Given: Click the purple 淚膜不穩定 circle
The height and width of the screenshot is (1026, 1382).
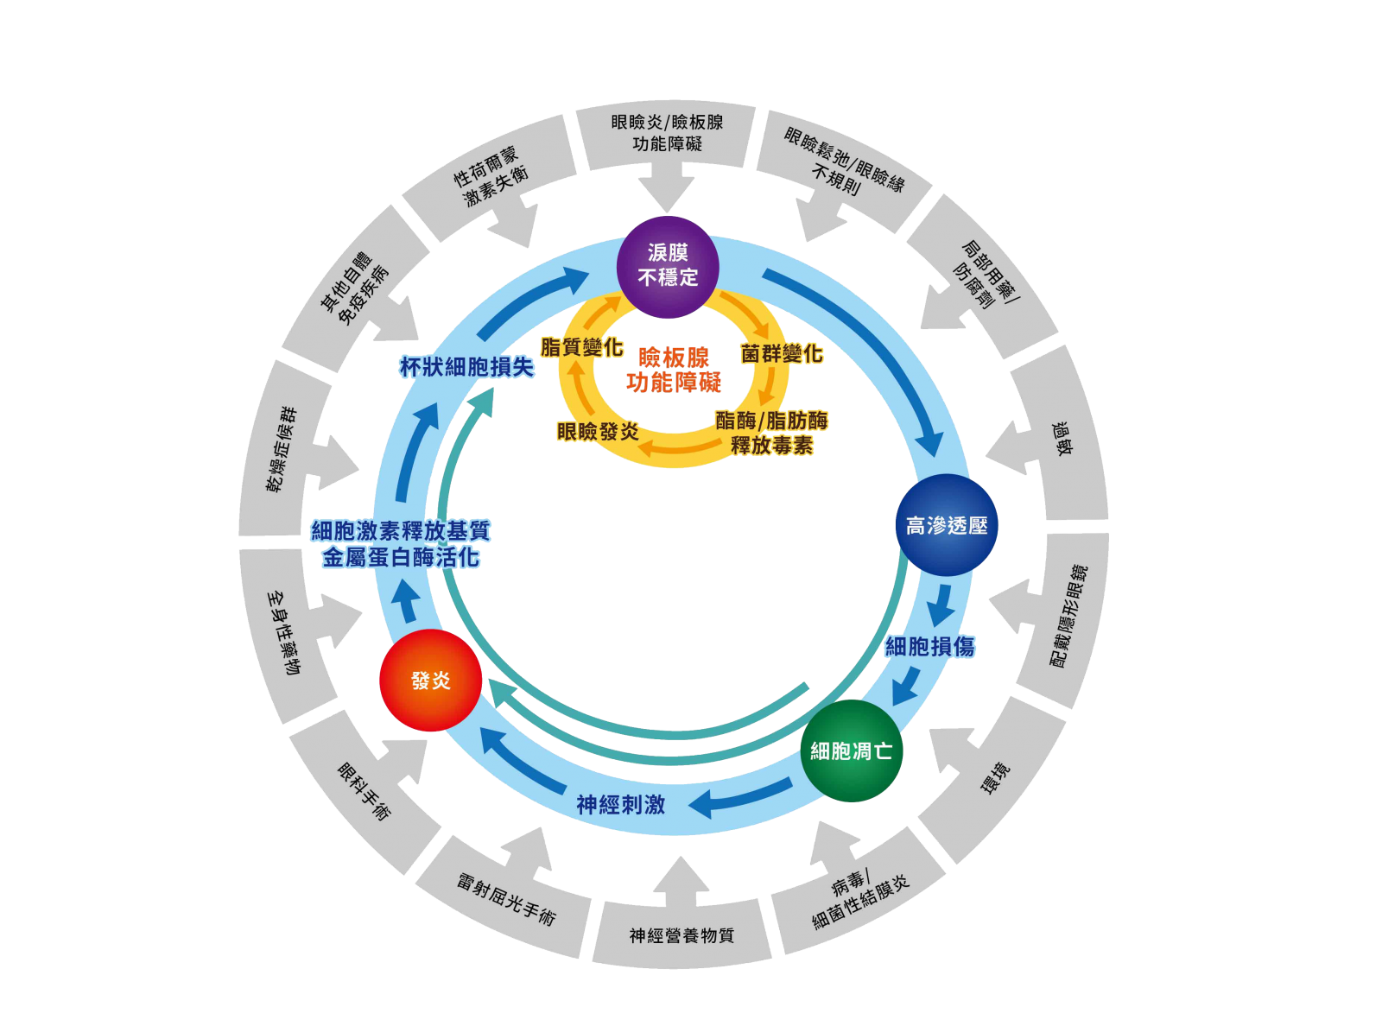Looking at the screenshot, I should click(x=668, y=266).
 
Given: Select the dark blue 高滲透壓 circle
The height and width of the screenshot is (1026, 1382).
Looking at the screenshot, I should click(x=947, y=525).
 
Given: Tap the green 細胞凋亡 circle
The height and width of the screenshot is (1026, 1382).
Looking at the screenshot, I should click(x=851, y=750).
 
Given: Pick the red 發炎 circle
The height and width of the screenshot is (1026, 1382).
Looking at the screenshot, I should click(x=430, y=681).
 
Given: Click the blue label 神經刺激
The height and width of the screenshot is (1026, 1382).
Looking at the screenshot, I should click(x=620, y=805).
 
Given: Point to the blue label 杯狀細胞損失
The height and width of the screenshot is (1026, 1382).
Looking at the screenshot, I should click(x=466, y=367).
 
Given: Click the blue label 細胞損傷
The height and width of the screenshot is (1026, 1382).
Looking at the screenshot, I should click(x=930, y=646).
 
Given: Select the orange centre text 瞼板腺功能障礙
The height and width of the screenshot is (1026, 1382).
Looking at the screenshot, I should click(x=674, y=370).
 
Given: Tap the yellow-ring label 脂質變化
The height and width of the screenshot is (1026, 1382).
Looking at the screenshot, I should click(x=581, y=347).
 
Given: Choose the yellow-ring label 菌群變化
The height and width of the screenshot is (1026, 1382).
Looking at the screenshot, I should click(x=781, y=354).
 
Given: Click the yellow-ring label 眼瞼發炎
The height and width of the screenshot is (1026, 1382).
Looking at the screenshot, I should click(x=598, y=431).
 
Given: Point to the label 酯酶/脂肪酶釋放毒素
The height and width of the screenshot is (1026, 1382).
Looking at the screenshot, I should click(x=771, y=433).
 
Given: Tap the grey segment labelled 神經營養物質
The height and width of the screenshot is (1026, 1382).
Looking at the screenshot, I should click(x=681, y=934).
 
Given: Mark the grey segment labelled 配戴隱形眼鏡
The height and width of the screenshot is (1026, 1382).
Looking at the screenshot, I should click(x=1068, y=615).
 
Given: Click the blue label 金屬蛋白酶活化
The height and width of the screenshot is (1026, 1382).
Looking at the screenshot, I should click(x=401, y=558).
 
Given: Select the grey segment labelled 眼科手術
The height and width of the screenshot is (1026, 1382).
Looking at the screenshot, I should click(x=364, y=791).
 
